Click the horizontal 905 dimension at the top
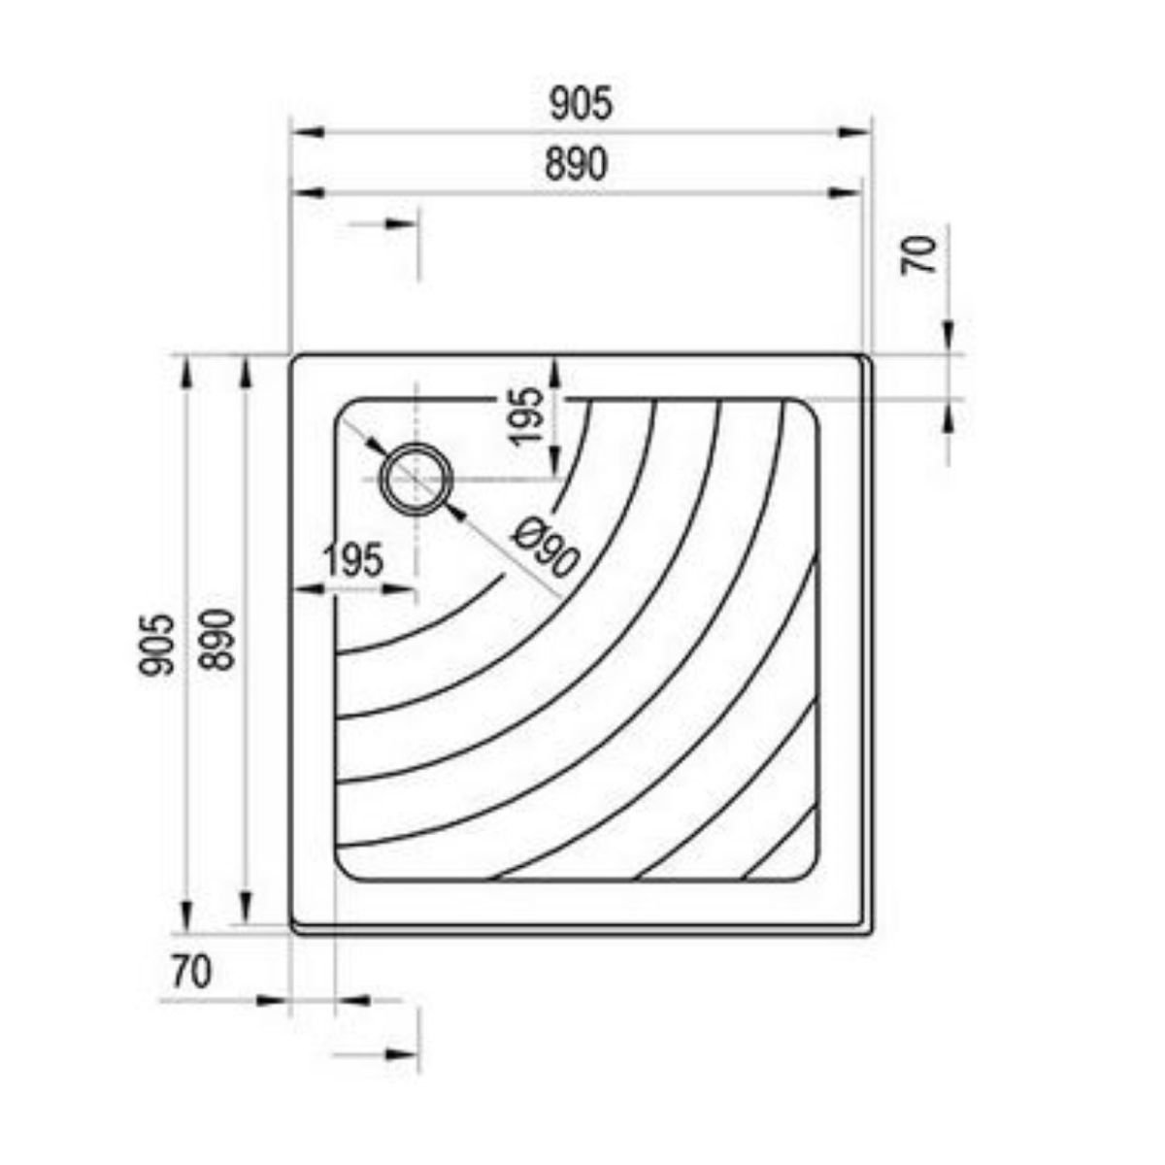pos(581,104)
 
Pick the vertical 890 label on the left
pos(217,640)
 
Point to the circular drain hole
pos(415,479)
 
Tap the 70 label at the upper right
pos(918,255)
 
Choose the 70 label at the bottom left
pos(192,972)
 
